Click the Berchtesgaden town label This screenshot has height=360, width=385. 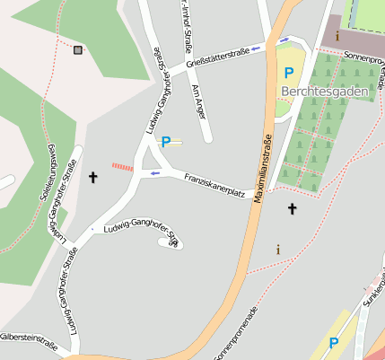[x=324, y=91]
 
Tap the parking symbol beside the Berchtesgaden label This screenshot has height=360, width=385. [x=288, y=73]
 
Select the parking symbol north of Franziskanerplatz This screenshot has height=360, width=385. [x=165, y=141]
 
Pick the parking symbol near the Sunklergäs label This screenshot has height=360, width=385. [x=334, y=342]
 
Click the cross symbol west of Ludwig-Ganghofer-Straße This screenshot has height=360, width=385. [x=92, y=178]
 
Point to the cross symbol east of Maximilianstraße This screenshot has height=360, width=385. [x=291, y=209]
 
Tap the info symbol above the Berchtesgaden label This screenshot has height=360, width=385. [x=337, y=36]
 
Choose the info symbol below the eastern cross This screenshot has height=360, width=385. [x=278, y=249]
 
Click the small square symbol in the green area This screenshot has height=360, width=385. [x=78, y=50]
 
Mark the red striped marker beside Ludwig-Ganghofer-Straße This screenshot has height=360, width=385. [x=122, y=166]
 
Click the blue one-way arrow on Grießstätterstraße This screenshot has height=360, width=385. [x=258, y=48]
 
